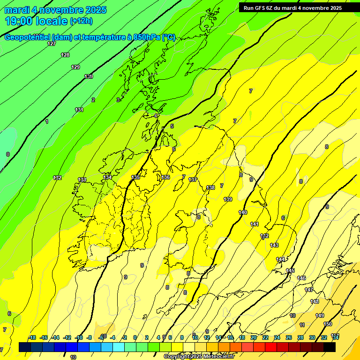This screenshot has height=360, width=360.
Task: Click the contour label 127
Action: pyautogui.click(x=52, y=44)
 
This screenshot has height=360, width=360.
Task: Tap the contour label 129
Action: pyautogui.click(x=75, y=67)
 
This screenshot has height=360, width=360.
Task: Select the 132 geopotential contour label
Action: pyautogui.click(x=57, y=178)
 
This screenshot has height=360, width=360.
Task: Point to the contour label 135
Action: pyautogui.click(x=135, y=177)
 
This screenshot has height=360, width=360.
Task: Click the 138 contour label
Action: pyautogui.click(x=210, y=187)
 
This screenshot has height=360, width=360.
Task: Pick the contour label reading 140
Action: pyautogui.click(x=243, y=212)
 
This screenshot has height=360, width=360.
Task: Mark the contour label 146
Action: pyautogui.click(x=301, y=278)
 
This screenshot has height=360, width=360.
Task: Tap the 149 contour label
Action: pyautogui.click(x=320, y=315)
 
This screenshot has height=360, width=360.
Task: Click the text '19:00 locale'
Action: pyautogui.click(x=36, y=21)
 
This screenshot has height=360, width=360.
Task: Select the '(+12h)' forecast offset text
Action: pyautogui.click(x=81, y=21)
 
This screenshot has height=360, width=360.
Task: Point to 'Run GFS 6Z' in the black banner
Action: pyautogui.click(x=258, y=8)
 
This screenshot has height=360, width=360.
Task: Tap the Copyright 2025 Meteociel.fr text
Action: pyautogui.click(x=199, y=357)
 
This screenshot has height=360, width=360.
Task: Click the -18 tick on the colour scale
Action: pyautogui.click(x=32, y=337)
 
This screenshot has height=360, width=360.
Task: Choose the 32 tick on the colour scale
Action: pyautogui.click(x=324, y=337)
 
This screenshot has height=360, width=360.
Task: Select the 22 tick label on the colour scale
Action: pyautogui.click(x=265, y=337)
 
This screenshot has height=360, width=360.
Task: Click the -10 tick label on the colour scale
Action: pyautogui.click(x=79, y=337)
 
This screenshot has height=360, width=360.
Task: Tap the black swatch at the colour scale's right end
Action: pyautogui.click(x=330, y=347)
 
